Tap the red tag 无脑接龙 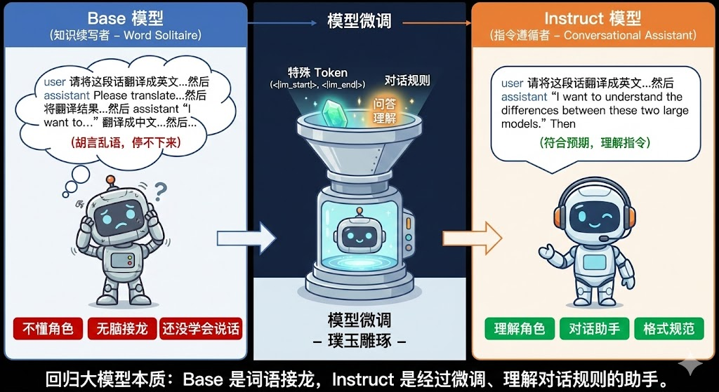point(118,328)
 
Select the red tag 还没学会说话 point(201,328)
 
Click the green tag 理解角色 point(520,328)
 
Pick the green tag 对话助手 point(594,328)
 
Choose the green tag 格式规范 point(668,328)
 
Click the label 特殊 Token point(317,72)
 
